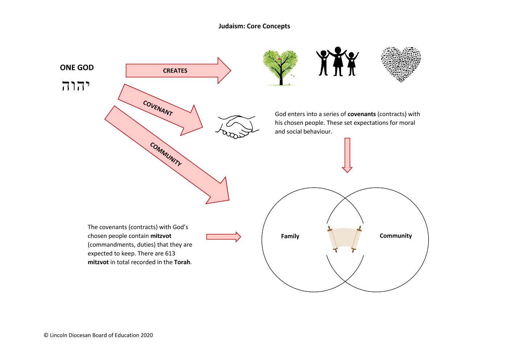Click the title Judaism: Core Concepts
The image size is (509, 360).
click(x=254, y=26)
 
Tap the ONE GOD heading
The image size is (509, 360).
click(x=77, y=67)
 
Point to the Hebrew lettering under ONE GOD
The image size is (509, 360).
click(x=76, y=86)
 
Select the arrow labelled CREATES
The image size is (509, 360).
click(x=178, y=70)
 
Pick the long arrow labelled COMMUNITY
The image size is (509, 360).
click(x=167, y=155)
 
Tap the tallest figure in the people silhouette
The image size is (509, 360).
click(x=338, y=61)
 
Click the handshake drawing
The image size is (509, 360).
click(x=237, y=127)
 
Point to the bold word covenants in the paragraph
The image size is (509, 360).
click(x=362, y=114)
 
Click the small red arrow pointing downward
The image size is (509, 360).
click(x=347, y=155)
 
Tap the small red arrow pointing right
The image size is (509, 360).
click(x=223, y=237)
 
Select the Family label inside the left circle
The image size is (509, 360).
click(x=290, y=236)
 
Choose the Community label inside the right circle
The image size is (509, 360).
click(x=395, y=236)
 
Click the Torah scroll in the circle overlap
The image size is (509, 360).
click(x=344, y=239)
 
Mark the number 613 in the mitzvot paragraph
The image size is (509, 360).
click(x=170, y=253)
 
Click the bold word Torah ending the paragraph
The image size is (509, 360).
click(x=182, y=262)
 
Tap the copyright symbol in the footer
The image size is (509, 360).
click(x=46, y=335)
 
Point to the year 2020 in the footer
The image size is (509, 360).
click(x=147, y=335)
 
